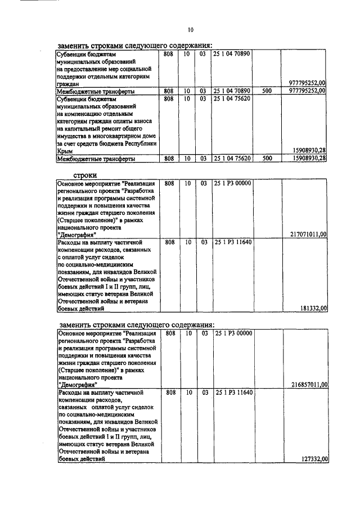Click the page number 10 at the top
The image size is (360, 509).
[x=190, y=30]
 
